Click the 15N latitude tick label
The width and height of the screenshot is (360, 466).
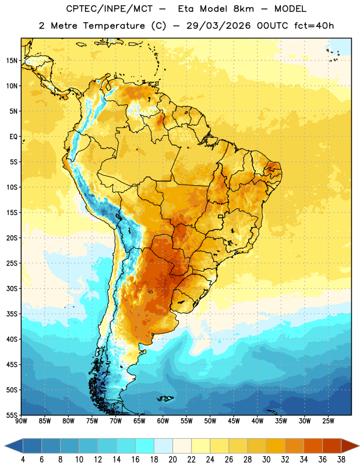[12, 61]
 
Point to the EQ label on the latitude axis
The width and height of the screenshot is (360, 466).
[13, 137]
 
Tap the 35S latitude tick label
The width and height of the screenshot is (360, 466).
[12, 314]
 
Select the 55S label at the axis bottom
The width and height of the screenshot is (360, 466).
[12, 415]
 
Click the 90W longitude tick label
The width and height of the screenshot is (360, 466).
[22, 421]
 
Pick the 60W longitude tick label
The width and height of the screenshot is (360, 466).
[163, 421]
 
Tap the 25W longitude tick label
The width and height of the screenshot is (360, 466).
[328, 421]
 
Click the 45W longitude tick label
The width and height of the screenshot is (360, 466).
[234, 421]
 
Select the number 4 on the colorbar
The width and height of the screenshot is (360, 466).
[23, 460]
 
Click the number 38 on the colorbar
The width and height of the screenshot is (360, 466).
[341, 460]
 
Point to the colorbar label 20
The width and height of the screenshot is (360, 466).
[172, 460]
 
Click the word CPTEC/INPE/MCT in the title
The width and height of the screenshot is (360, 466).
[110, 9]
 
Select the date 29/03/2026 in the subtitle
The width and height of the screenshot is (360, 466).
[218, 26]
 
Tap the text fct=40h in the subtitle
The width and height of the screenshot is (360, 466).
[314, 26]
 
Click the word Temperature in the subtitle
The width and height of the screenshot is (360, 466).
[114, 26]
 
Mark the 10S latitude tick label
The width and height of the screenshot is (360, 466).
[12, 187]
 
